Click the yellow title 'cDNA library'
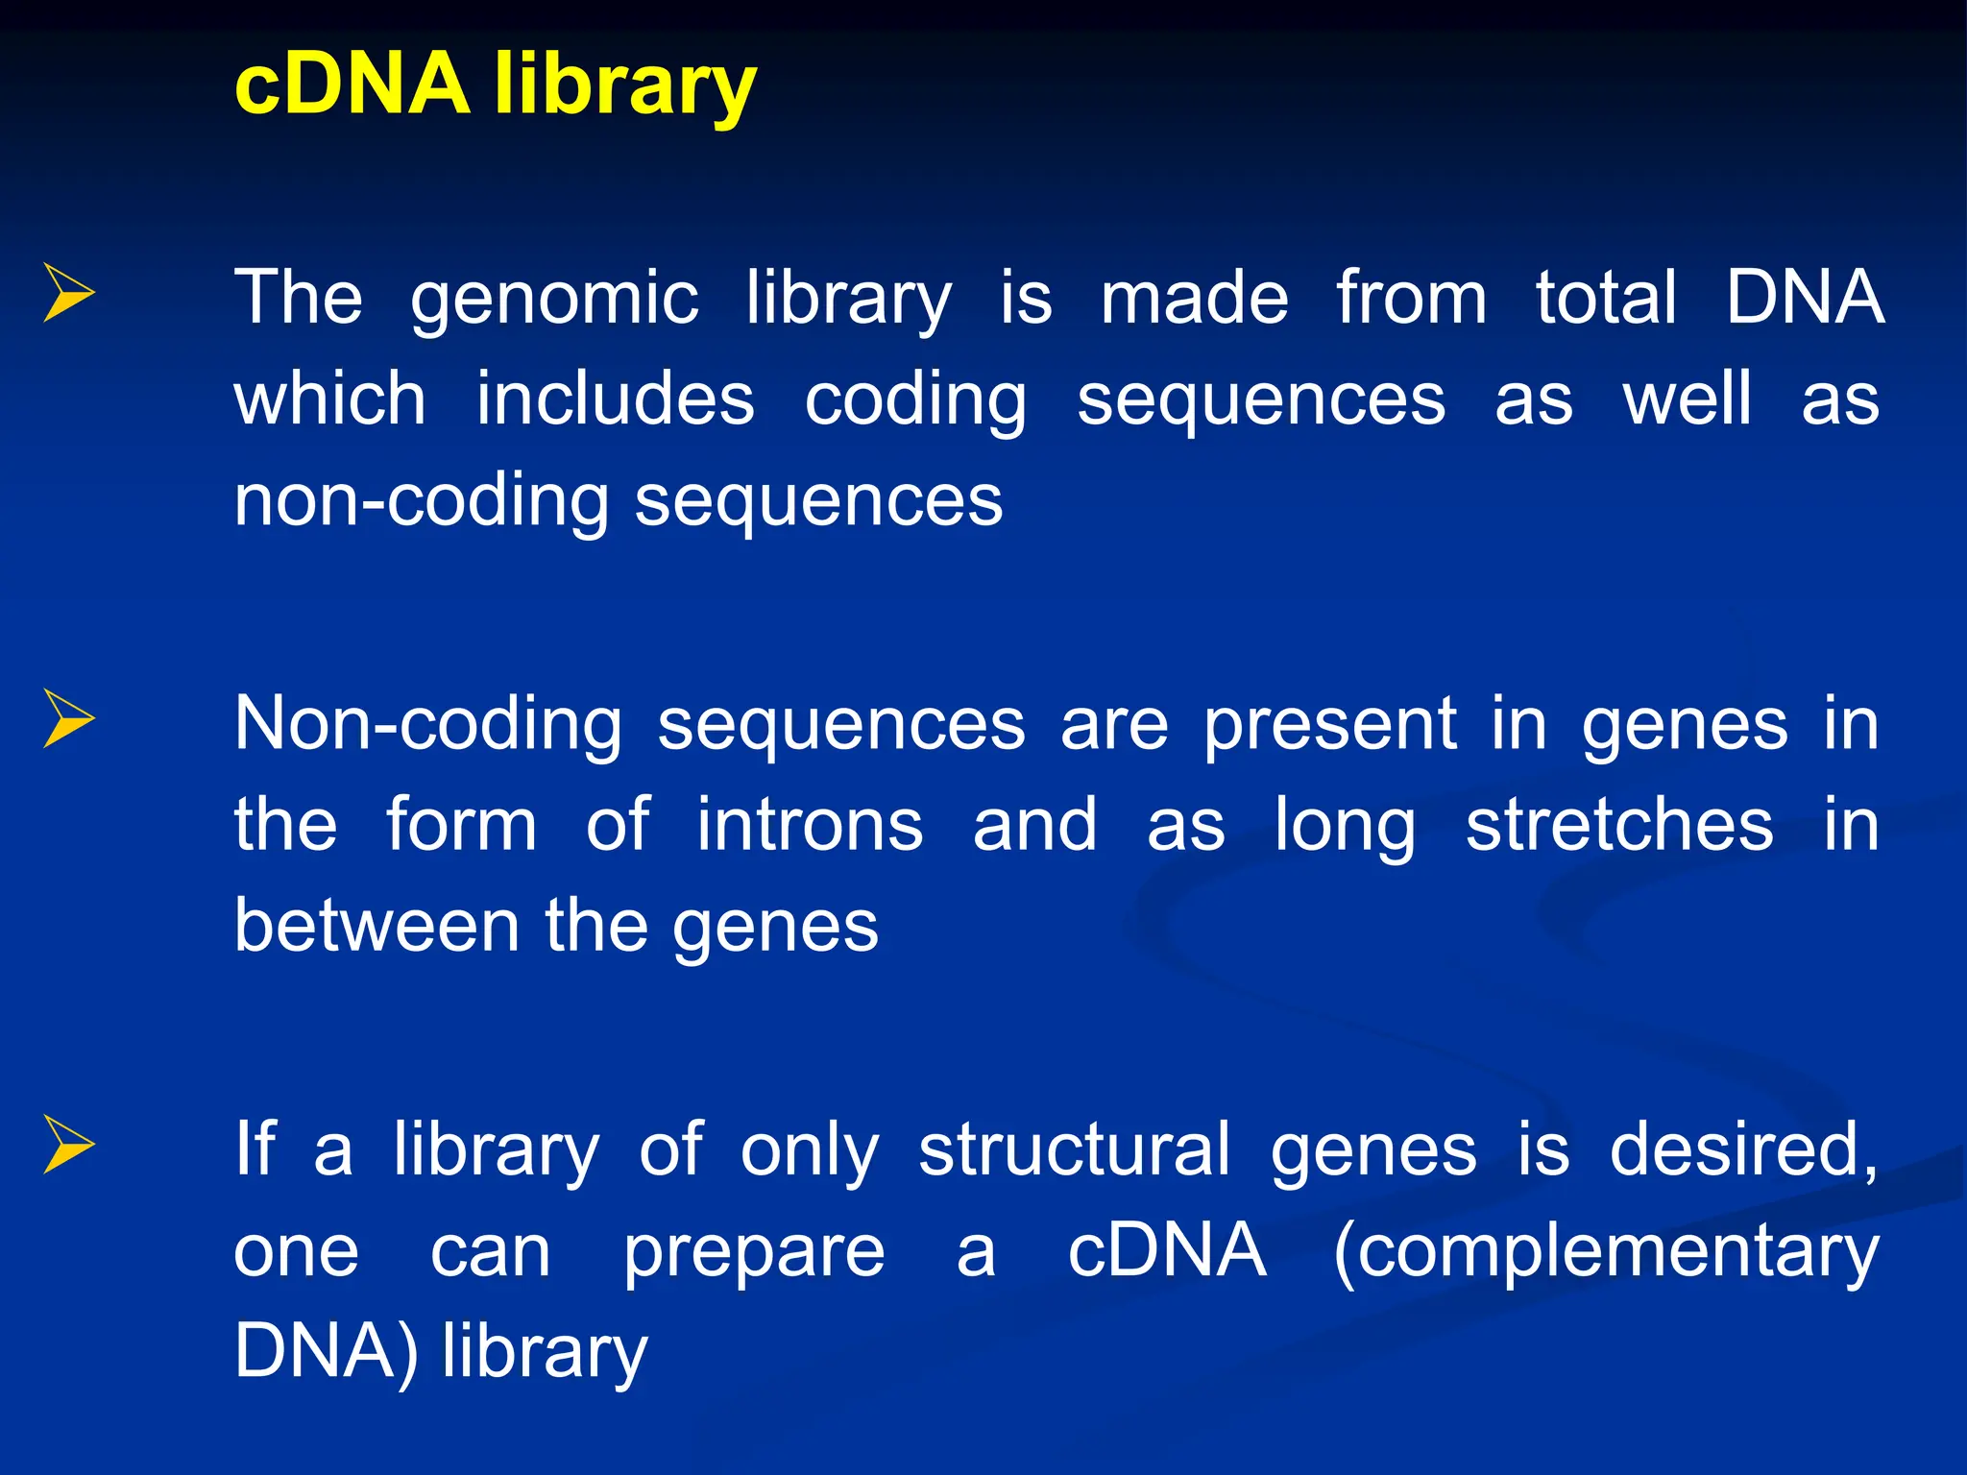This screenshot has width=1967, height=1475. click(495, 85)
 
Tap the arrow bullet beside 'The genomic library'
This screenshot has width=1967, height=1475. click(69, 294)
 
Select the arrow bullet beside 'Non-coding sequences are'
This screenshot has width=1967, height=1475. click(69, 720)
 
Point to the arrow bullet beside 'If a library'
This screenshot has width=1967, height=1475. click(69, 1146)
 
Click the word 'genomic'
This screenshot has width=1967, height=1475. click(554, 300)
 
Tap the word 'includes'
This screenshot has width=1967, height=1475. click(615, 399)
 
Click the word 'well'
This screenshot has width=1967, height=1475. click(1687, 399)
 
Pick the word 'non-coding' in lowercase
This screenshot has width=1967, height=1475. click(421, 501)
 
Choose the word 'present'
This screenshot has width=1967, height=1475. click(1329, 726)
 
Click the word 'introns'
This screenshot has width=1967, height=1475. click(809, 826)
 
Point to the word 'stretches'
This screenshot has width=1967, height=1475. click(1619, 826)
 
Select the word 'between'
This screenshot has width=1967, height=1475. click(376, 927)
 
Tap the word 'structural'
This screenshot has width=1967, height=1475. click(1073, 1149)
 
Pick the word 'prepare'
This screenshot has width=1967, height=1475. click(754, 1253)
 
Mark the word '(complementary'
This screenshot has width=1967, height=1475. click(1605, 1253)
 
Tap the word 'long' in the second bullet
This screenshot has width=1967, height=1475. click(1344, 828)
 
